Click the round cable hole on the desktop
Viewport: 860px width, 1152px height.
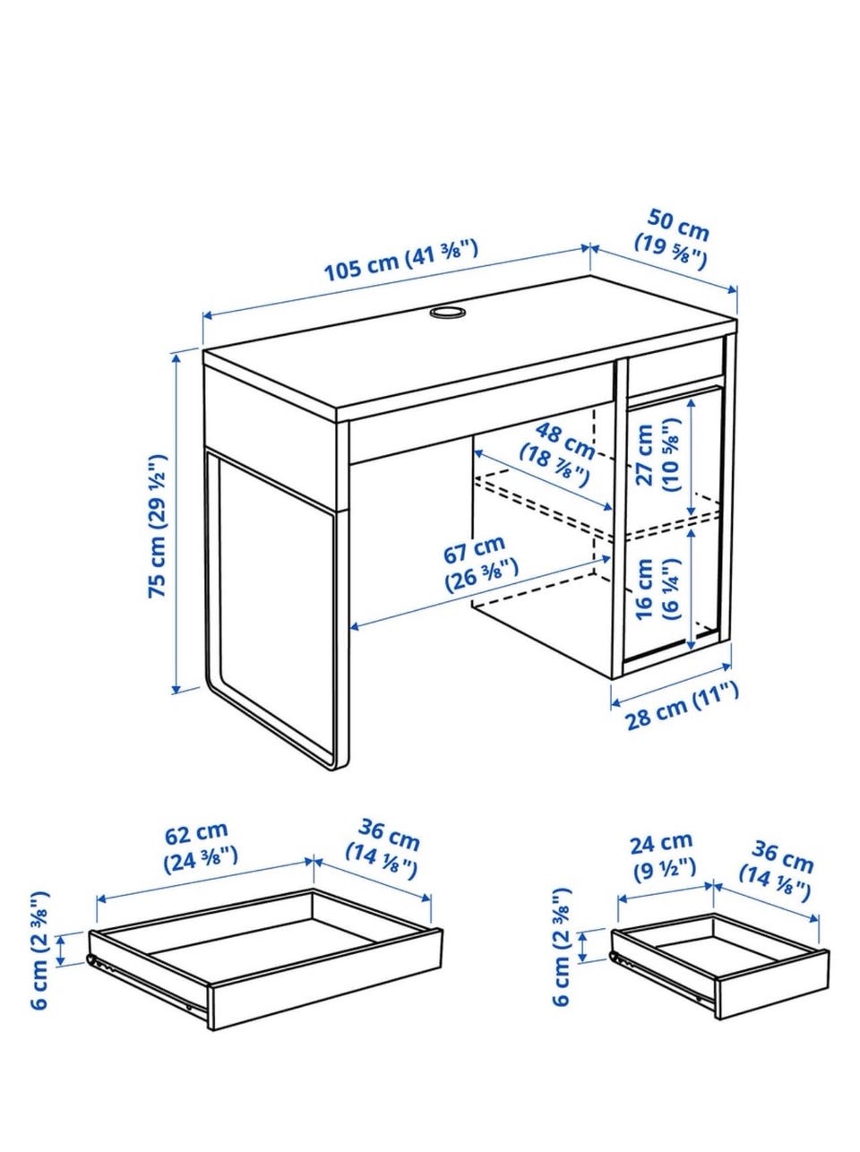point(447,313)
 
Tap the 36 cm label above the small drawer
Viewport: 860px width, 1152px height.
point(778,873)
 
